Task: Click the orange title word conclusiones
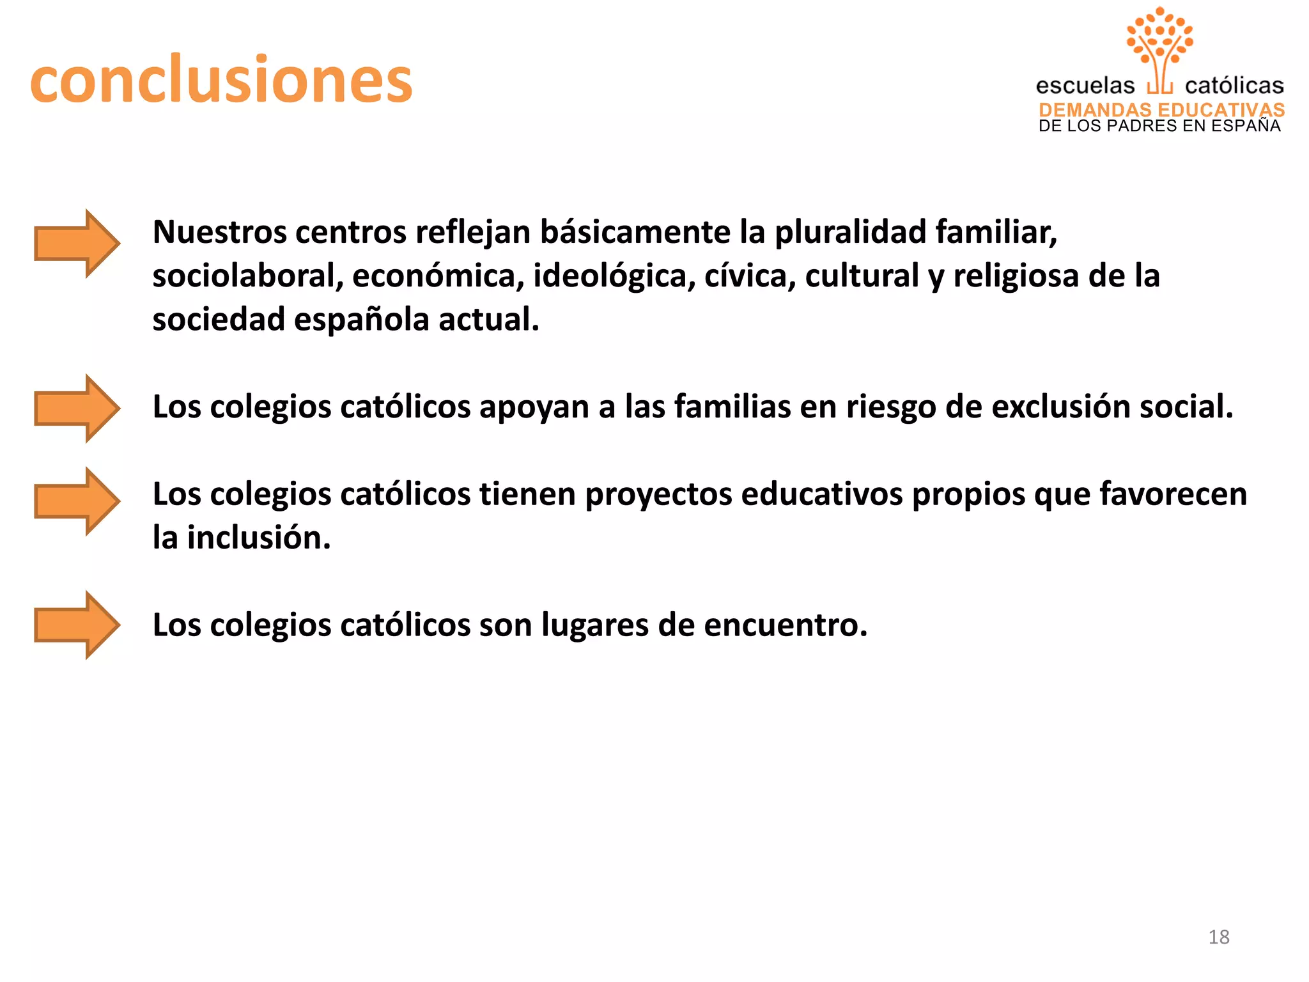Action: click(221, 79)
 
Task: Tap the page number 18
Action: click(1218, 937)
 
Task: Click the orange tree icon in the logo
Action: click(1159, 45)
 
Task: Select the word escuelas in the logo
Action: click(1085, 86)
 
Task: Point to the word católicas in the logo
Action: click(1234, 86)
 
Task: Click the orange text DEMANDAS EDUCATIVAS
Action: click(1161, 109)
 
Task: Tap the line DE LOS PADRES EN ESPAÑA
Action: click(1159, 126)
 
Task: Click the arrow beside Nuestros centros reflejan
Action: click(77, 244)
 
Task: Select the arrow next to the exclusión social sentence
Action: click(77, 409)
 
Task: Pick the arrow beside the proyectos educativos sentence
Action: click(77, 501)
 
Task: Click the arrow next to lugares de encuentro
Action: click(77, 625)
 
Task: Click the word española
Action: click(361, 319)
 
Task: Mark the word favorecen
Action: click(1173, 494)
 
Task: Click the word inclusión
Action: click(258, 538)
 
